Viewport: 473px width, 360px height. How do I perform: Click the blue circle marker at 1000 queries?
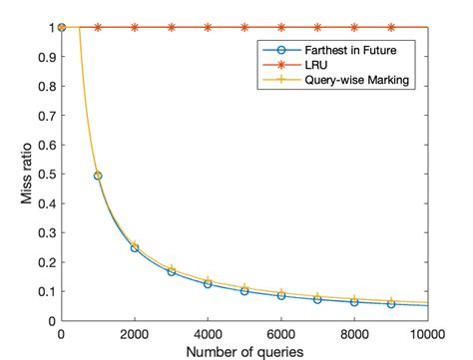[99, 176]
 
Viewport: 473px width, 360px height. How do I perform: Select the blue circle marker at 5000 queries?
[244, 291]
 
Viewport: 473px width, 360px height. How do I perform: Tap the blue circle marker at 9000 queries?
[391, 304]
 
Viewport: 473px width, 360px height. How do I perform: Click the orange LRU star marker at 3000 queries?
[172, 27]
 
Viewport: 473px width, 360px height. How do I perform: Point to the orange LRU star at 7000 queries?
[317, 27]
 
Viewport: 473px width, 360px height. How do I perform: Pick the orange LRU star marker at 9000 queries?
[391, 27]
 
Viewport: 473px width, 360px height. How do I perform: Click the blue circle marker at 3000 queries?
[172, 271]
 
